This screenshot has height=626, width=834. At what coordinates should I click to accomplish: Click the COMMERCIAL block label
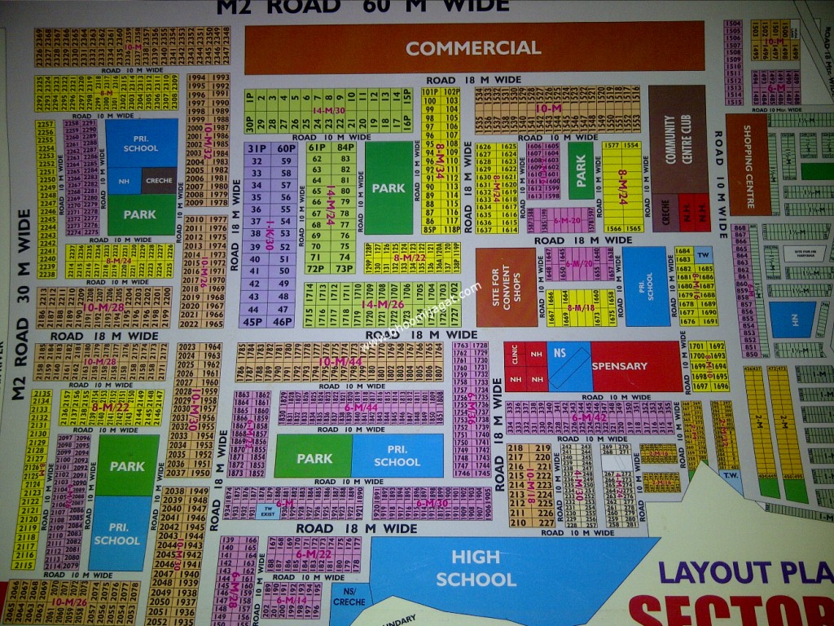coord(473,48)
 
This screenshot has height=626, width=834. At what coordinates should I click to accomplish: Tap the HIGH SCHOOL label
coord(476,568)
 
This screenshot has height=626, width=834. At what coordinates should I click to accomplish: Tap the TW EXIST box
coord(266,510)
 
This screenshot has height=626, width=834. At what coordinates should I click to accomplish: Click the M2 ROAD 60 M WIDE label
coord(362,7)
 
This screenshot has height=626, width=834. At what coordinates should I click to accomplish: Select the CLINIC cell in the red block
coord(515,356)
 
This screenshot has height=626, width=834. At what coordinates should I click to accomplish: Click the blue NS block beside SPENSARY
coord(568,364)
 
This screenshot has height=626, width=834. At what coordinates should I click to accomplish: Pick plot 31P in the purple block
coord(258,149)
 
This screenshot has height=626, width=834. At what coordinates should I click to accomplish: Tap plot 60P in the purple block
coord(285,149)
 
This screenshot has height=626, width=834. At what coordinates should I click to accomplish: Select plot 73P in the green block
coord(344,268)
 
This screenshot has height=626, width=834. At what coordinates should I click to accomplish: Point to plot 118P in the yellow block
coord(451,230)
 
